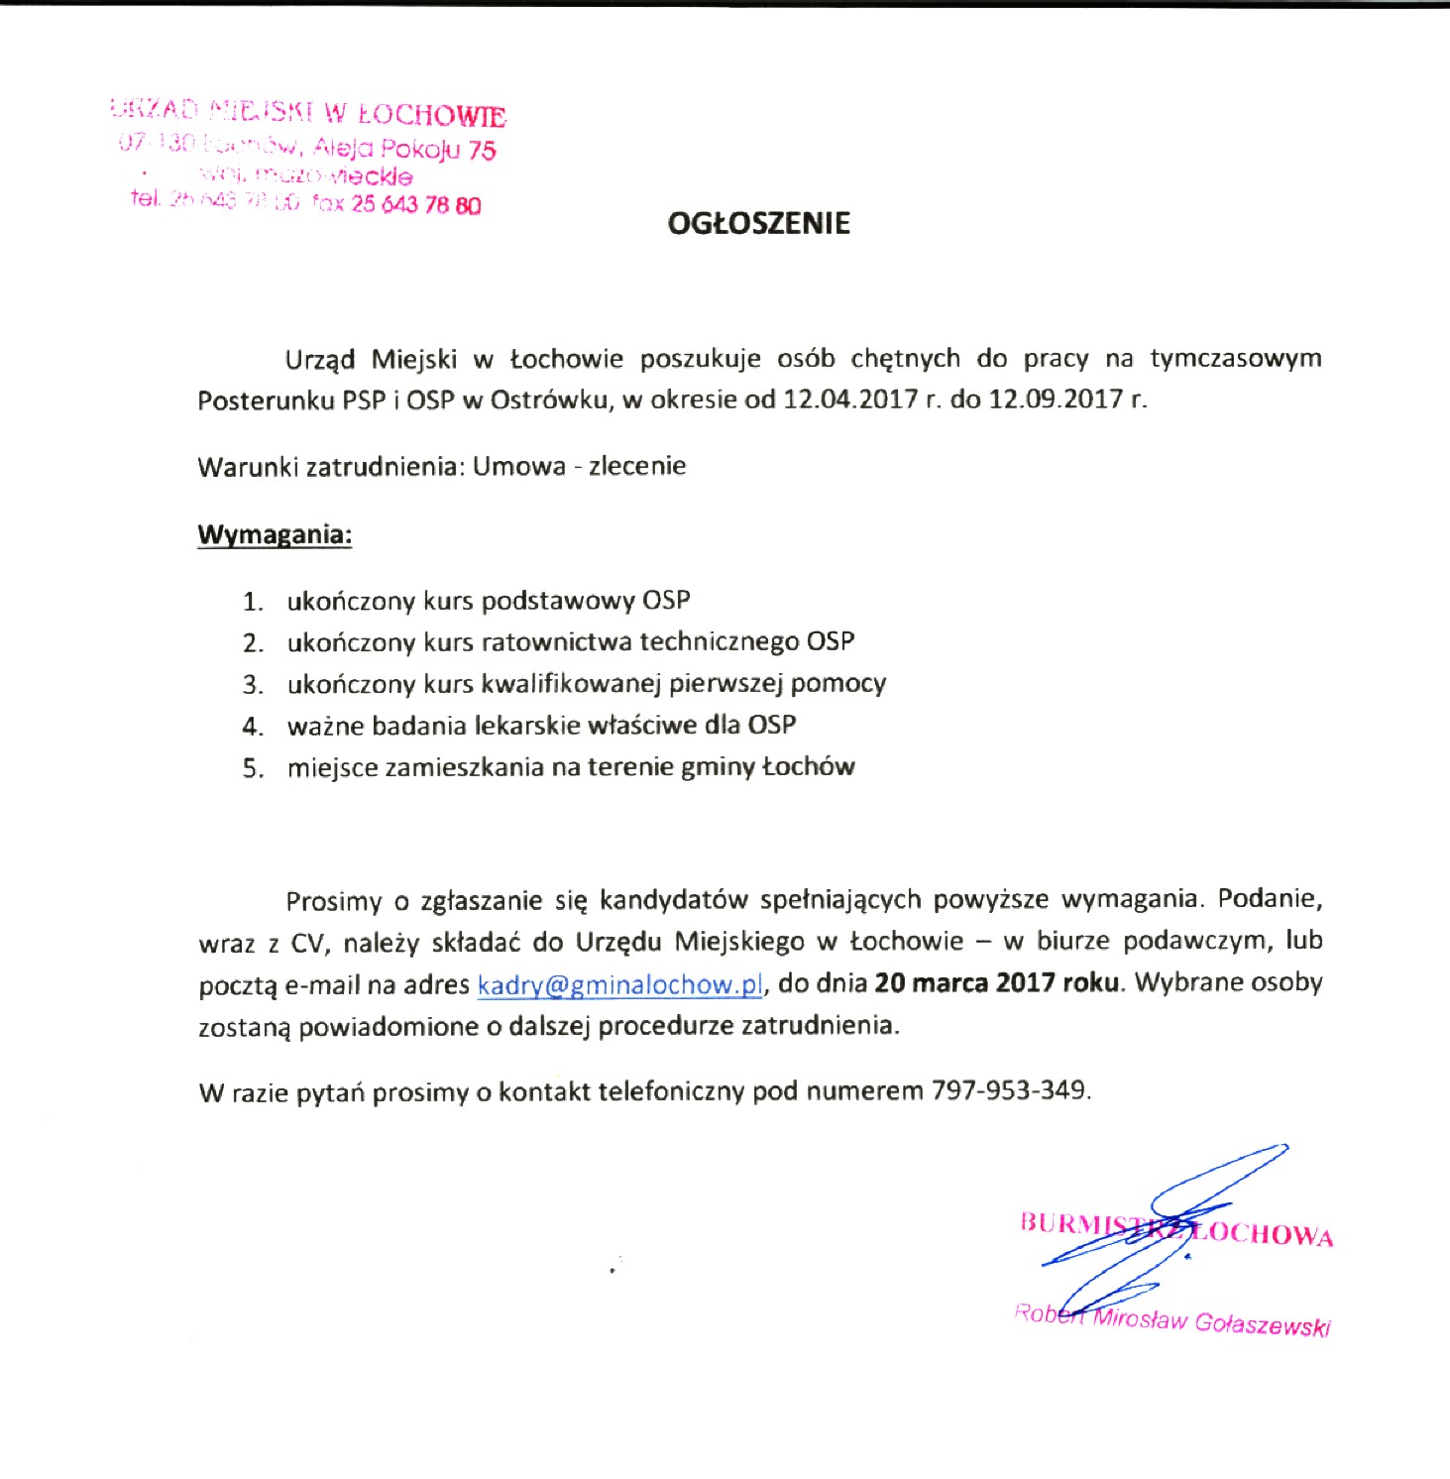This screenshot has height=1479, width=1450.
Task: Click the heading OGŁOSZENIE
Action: point(758,223)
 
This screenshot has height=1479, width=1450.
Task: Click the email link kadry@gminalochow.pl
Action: point(619,985)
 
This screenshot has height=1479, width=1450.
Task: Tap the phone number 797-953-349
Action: point(1008,1091)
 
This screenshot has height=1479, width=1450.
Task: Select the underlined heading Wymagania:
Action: point(275,534)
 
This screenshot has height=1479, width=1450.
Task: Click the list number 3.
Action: point(253,685)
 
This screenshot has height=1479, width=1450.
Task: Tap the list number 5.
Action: point(253,768)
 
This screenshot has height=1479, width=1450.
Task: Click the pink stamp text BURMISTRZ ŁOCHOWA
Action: point(1176,1229)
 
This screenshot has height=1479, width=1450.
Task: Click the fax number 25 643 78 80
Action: point(415,205)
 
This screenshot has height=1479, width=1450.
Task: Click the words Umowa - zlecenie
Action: point(579,466)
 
